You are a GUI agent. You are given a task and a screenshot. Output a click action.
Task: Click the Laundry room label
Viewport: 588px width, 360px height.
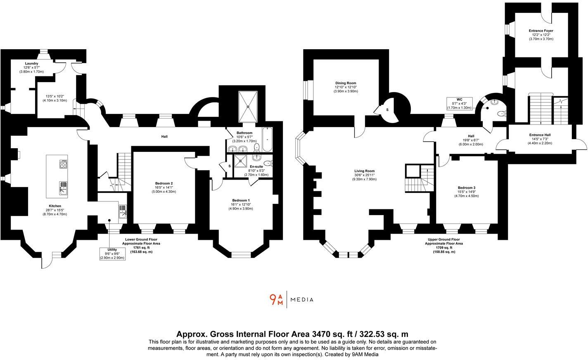tap(31, 63)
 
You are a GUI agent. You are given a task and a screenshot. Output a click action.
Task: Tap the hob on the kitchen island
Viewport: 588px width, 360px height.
tap(64, 164)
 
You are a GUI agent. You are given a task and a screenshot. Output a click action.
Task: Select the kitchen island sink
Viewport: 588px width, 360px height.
tap(64, 188)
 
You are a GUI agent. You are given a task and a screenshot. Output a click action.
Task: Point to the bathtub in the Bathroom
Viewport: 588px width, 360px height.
tap(267, 140)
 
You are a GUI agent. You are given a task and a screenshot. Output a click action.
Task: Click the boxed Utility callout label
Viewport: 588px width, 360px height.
tap(112, 253)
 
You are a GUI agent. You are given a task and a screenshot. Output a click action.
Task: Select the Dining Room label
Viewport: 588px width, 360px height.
tap(346, 83)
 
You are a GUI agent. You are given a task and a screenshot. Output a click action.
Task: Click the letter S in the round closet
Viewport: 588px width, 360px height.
tap(387, 110)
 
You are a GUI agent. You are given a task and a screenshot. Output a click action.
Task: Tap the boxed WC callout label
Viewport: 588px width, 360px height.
tap(459, 104)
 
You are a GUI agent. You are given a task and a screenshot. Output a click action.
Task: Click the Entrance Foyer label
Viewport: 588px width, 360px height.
tap(541, 31)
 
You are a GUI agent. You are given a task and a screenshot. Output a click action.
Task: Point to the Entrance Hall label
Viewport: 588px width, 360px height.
tap(540, 135)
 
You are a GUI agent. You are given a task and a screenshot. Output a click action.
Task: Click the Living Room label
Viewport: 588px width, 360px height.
tap(364, 171)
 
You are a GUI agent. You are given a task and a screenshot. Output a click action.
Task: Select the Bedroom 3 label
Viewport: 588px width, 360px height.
tap(466, 188)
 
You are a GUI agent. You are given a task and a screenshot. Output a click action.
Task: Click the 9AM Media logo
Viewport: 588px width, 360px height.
tap(291, 300)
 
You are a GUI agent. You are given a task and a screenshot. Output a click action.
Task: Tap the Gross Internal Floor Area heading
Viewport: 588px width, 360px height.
tap(292, 334)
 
